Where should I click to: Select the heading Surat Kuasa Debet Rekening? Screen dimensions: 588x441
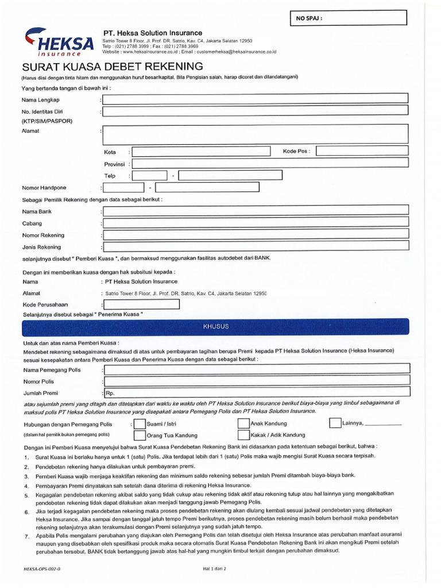coord(112,66)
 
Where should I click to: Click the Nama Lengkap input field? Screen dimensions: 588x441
coord(256,99)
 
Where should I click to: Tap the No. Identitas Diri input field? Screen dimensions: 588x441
coord(256,111)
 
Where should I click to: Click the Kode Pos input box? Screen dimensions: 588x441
coord(362,151)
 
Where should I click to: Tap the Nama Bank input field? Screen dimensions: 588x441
coord(256,212)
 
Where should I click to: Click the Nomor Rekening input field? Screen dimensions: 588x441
coord(256,235)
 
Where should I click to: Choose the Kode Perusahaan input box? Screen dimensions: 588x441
coord(141,304)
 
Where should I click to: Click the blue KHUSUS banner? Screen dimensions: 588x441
coord(215,327)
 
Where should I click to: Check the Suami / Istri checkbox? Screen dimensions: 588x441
coord(139,424)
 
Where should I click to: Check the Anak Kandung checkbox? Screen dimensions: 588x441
coord(243,424)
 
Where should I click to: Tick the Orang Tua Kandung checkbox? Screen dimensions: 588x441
coord(139,435)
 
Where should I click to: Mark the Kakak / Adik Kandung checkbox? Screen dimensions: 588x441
coord(243,435)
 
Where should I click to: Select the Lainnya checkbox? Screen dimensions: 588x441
coord(335,423)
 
